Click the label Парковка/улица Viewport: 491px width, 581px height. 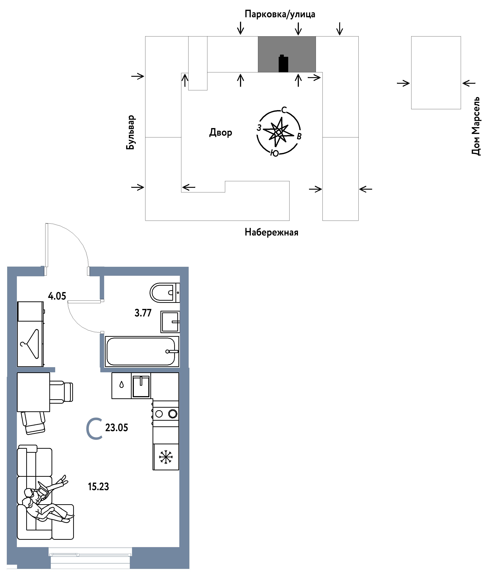point(280,14)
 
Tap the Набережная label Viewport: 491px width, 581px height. point(271,232)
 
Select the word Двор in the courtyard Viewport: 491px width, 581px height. point(220,132)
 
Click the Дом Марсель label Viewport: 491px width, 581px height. point(476,126)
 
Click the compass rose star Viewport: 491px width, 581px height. point(278,132)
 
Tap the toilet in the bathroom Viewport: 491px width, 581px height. point(164,293)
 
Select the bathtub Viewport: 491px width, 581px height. point(142,352)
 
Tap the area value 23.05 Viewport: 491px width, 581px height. point(117,427)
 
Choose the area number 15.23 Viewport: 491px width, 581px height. point(98,486)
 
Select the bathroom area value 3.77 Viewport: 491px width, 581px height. point(143,313)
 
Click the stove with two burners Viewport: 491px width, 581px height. point(166,414)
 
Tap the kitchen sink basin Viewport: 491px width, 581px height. point(141,386)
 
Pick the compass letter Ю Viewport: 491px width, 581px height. point(275,153)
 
